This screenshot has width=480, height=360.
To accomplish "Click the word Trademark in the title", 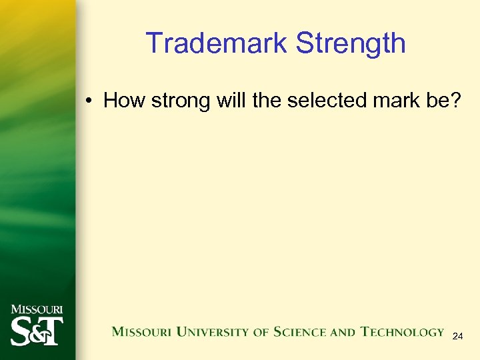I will [x=217, y=43].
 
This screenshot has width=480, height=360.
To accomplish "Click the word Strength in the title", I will [x=351, y=43].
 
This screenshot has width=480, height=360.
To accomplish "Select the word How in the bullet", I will [x=123, y=101].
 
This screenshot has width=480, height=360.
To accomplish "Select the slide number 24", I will [x=457, y=337].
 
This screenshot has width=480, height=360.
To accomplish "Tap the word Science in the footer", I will [x=297, y=331].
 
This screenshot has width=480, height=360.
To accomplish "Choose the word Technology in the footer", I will [x=402, y=331].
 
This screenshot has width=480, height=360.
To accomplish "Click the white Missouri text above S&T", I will [x=37, y=309].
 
